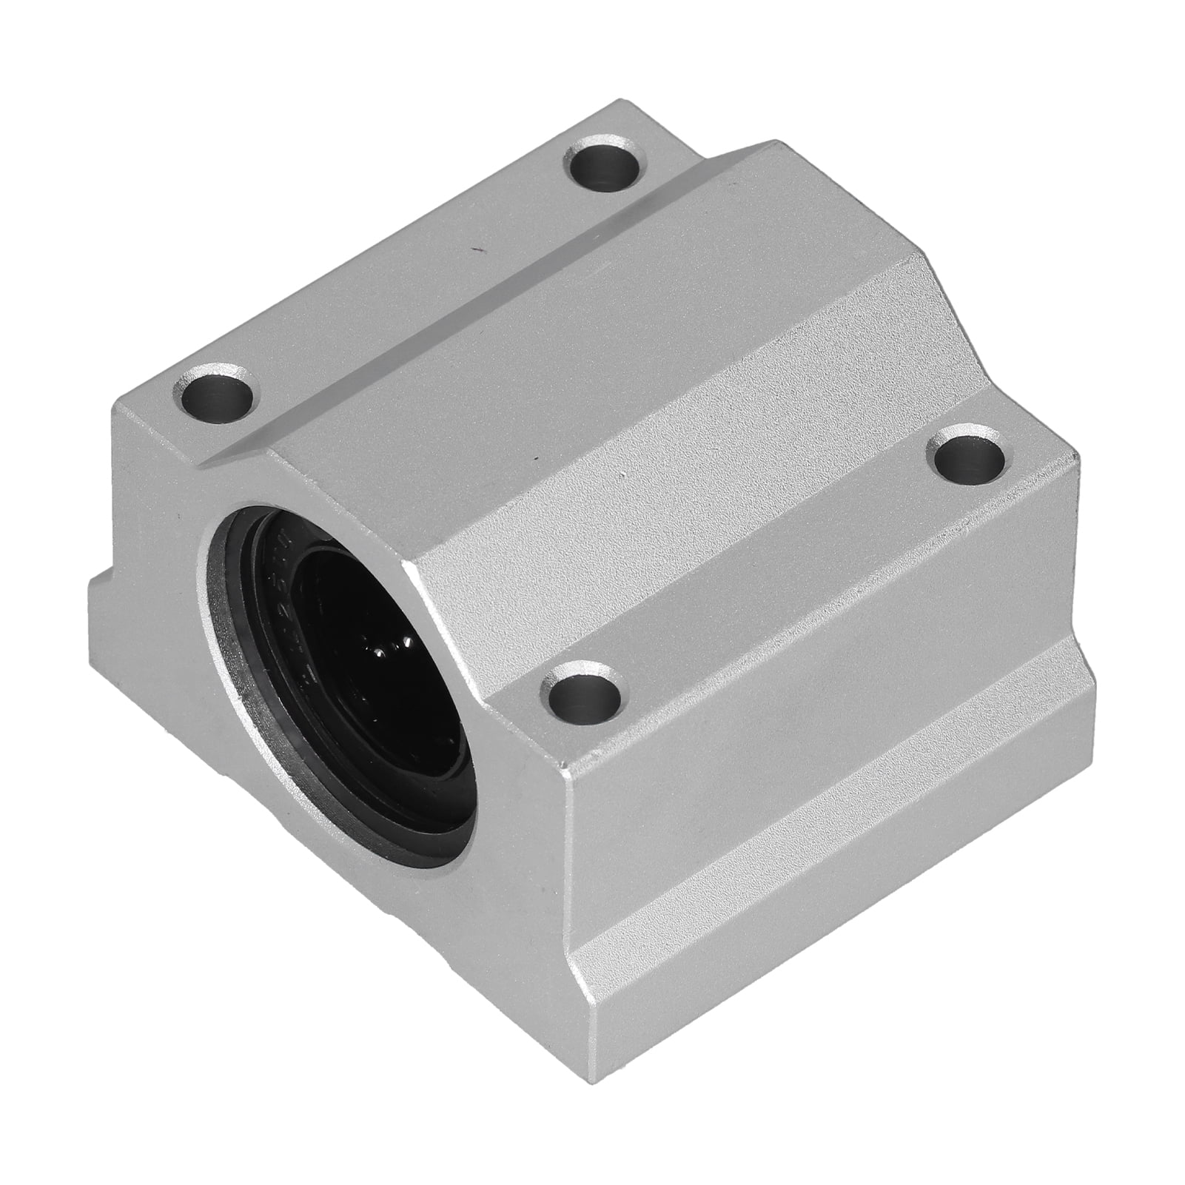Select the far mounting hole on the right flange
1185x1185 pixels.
pos(969,456)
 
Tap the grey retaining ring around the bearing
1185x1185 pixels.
pos(222,629)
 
